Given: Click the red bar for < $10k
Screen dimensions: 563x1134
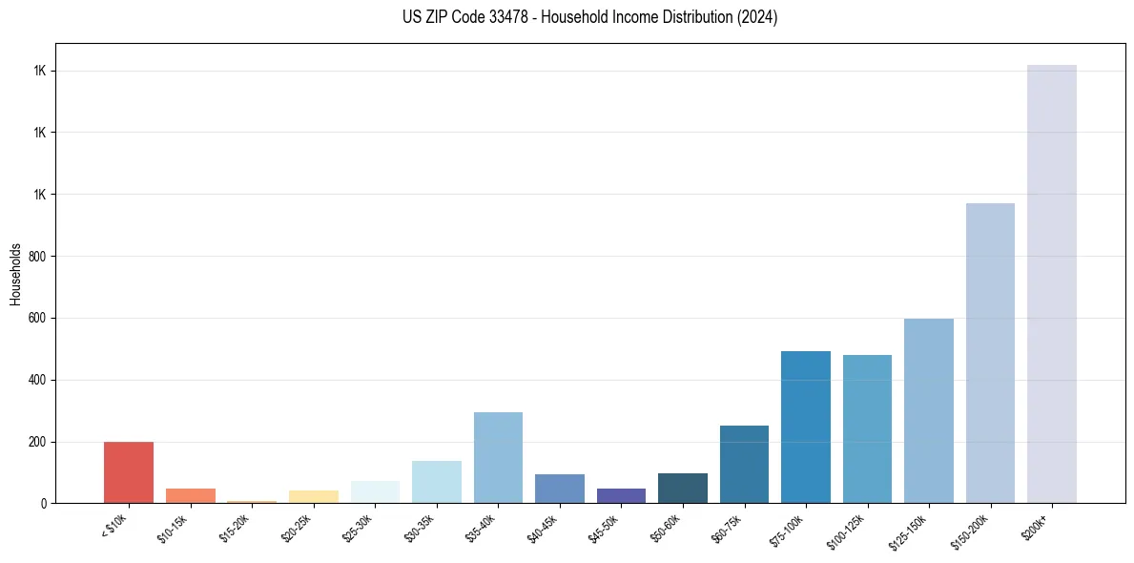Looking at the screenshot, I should [x=129, y=472].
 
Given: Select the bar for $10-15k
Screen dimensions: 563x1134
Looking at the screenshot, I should [x=190, y=496].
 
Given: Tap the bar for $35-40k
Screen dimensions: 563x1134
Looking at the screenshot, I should [x=498, y=458].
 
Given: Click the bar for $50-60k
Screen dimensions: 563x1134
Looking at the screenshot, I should [x=683, y=489].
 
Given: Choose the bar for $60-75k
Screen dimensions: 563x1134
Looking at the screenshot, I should [x=744, y=465].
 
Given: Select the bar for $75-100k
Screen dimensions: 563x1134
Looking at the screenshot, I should [x=806, y=427].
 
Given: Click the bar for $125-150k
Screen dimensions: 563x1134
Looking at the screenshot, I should [x=929, y=411].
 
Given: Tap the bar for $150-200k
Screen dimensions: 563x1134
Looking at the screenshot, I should [x=990, y=353].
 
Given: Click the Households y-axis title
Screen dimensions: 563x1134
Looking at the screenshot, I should [x=15, y=274].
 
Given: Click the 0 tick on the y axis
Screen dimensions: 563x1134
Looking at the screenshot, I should [x=43, y=504].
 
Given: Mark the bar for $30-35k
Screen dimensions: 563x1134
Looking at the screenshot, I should [x=437, y=482].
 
